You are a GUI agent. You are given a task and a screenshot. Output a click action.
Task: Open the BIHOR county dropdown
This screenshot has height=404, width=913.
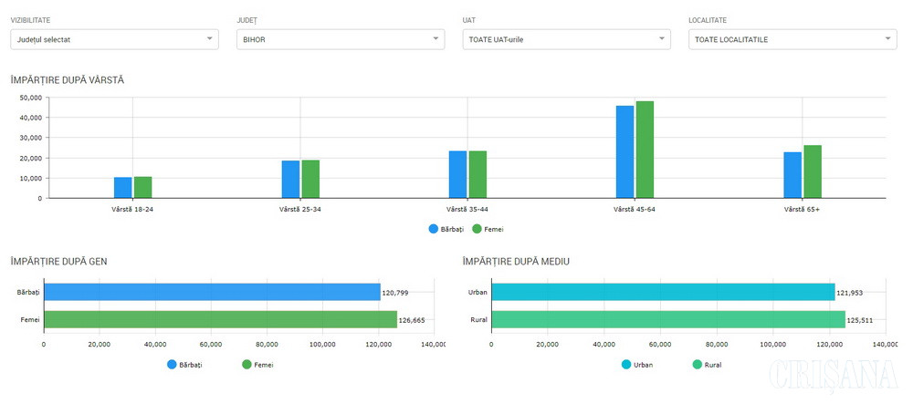click(x=340, y=39)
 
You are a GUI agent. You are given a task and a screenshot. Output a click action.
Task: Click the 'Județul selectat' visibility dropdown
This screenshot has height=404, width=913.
click(x=114, y=39)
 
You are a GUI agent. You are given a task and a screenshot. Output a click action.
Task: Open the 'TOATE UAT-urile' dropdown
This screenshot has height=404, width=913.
click(x=567, y=39)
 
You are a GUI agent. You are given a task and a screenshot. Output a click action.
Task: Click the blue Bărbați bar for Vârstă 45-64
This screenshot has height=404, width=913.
click(x=624, y=151)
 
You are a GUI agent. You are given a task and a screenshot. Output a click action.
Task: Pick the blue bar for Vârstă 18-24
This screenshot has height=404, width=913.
click(x=122, y=187)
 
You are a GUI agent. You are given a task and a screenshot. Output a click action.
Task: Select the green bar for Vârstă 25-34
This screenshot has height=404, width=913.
click(x=310, y=179)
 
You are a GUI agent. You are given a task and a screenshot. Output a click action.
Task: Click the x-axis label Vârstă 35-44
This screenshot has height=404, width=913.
click(x=467, y=210)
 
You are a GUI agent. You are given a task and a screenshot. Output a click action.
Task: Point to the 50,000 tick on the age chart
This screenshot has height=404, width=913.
click(x=31, y=98)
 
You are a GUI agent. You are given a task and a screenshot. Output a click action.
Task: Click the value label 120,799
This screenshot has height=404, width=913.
click(x=395, y=293)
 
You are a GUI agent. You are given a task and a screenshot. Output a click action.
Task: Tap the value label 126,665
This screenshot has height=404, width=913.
click(x=413, y=320)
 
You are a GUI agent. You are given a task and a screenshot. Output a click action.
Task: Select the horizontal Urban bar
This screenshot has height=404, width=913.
click(x=663, y=292)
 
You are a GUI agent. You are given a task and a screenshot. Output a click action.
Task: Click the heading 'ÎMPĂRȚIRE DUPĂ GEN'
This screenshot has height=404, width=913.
click(x=59, y=262)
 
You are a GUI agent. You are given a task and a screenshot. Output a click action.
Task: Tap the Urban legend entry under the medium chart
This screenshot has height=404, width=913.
click(x=637, y=365)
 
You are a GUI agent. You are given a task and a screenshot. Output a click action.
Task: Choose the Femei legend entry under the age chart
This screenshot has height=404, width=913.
click(x=488, y=229)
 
